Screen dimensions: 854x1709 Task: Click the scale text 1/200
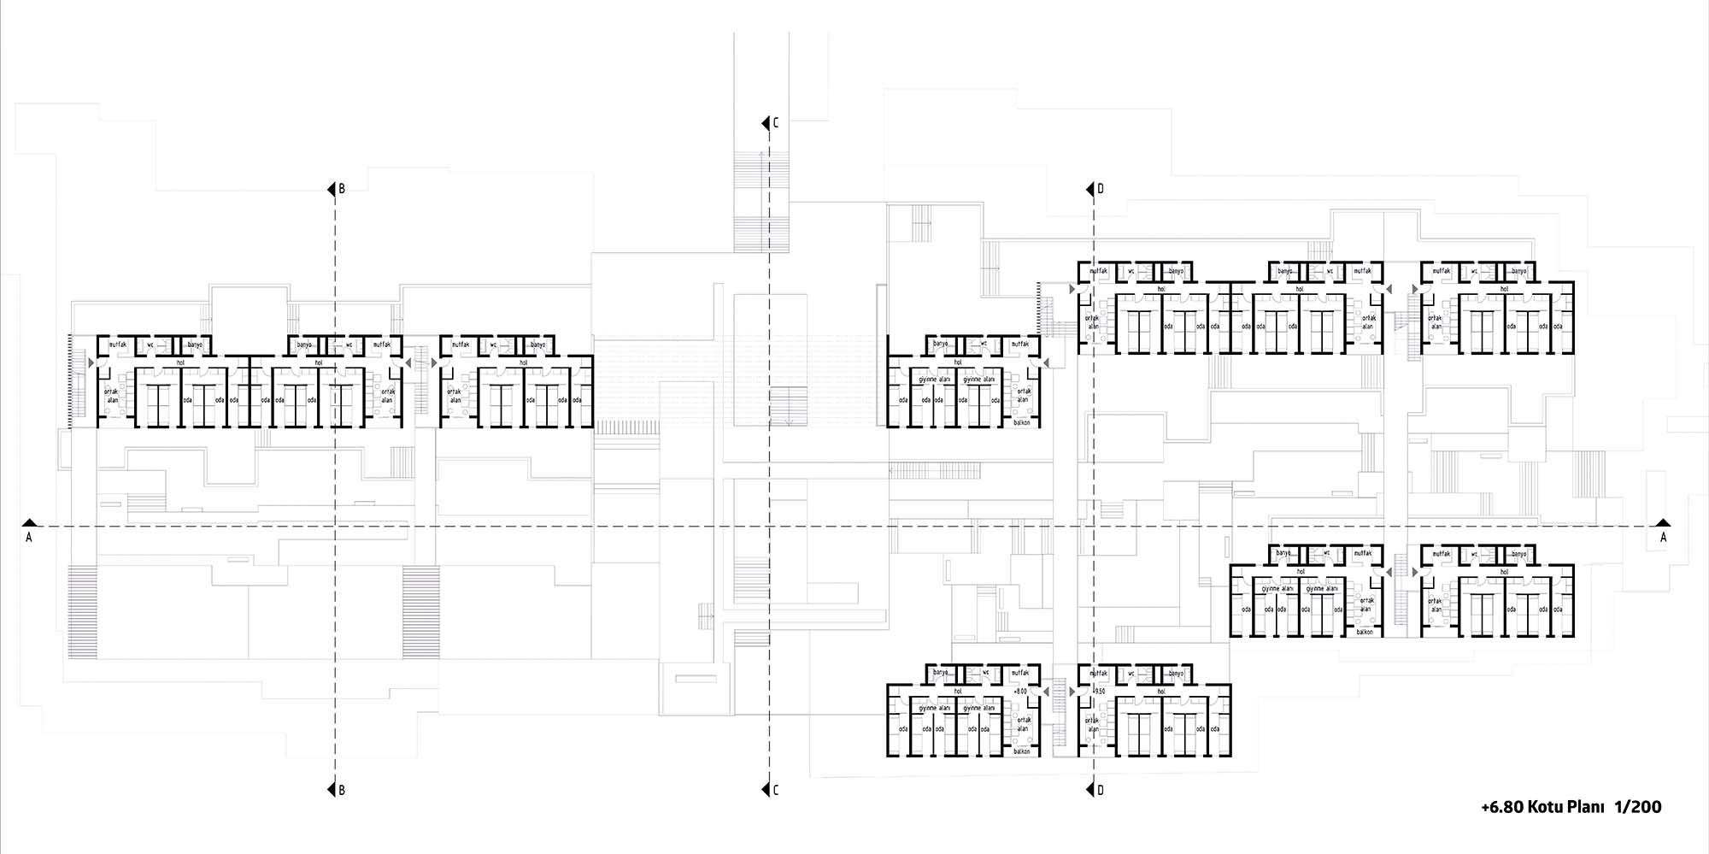point(1638,807)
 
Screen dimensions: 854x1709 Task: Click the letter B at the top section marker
point(342,189)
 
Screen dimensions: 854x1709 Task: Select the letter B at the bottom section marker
point(342,791)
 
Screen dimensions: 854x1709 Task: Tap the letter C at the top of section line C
point(776,124)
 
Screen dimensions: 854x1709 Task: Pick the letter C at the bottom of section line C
point(776,791)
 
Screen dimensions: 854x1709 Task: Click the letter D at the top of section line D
point(1101,189)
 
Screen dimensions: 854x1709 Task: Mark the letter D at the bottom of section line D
point(1101,791)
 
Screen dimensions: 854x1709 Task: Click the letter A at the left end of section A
point(29,538)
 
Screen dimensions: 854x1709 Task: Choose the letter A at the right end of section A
point(1663,538)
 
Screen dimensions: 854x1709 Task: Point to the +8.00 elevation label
point(1020,691)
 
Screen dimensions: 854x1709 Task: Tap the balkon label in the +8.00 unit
point(1021,751)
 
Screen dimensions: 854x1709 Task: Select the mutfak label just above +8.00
point(1020,674)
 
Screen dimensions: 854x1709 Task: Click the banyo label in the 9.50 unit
point(1176,674)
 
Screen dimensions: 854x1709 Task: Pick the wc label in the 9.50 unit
point(1131,674)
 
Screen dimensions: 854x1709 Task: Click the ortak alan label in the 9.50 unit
point(1092,725)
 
